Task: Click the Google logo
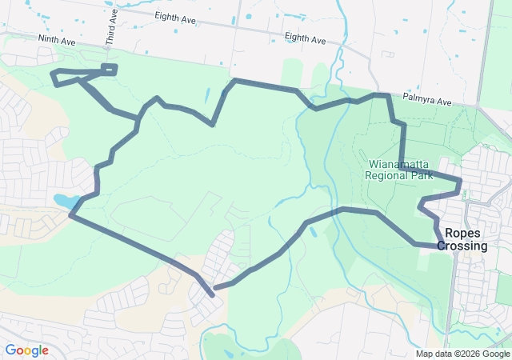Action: click(26, 350)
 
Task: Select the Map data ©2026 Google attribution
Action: click(462, 354)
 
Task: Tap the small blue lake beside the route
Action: click(64, 199)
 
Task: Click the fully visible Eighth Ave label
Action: click(305, 38)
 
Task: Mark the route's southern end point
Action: click(212, 295)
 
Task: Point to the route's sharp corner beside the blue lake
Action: click(72, 214)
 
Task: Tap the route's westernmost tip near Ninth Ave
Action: click(53, 75)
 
